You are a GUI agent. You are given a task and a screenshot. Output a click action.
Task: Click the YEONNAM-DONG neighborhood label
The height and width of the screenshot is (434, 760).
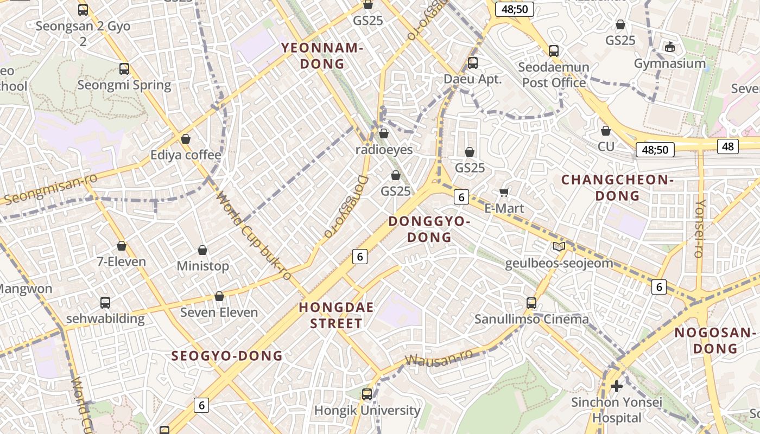[322, 56]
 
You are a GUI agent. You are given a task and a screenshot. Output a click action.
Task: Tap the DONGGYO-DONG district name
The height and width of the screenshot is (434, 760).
[429, 229]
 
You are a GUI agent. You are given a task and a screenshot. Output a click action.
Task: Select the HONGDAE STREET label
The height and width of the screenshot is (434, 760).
[336, 315]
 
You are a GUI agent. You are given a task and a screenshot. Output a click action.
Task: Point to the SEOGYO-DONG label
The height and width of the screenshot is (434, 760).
[227, 356]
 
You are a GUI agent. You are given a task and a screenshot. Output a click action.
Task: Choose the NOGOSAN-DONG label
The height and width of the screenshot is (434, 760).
[715, 341]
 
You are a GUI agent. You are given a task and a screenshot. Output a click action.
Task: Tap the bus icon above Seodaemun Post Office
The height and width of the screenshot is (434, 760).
[554, 51]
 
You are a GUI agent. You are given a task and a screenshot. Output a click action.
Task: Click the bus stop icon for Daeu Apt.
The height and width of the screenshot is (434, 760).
[473, 63]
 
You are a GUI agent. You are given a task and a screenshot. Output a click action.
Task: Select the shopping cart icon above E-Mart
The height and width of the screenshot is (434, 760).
[504, 193]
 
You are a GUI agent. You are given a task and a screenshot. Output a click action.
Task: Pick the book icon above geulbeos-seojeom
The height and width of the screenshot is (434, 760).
[559, 247]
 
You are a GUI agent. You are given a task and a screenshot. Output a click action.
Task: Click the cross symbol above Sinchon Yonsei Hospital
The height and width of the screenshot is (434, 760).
[617, 386]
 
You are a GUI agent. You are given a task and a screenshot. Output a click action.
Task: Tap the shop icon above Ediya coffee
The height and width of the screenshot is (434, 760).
[186, 139]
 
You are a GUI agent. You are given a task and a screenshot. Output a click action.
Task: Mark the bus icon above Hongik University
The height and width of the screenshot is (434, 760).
[367, 394]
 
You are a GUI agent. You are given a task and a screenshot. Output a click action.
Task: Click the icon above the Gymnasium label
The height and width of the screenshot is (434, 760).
[670, 47]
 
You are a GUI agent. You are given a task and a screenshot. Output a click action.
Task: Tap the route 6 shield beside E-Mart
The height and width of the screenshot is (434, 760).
[461, 197]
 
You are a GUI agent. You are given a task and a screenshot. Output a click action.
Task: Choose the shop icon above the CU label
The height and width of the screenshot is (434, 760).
[606, 131]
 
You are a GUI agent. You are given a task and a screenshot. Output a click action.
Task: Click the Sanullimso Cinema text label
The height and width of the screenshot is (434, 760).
[531, 319]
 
